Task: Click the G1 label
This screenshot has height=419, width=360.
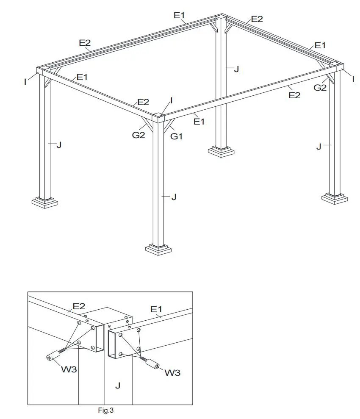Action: coord(176,136)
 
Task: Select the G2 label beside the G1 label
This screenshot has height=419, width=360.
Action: coord(138,135)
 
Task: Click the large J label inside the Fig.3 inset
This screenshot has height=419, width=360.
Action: coord(118,386)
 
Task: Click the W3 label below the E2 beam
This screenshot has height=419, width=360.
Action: coord(69,369)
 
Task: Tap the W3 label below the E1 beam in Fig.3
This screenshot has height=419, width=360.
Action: coord(172,373)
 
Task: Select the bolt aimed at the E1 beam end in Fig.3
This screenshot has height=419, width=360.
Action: coord(152,364)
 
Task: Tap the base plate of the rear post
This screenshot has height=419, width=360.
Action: coord(221,151)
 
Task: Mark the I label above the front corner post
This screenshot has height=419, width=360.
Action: coord(171,101)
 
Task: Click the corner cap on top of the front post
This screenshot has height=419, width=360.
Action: coord(158,116)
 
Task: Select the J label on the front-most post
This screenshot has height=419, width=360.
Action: coord(173,197)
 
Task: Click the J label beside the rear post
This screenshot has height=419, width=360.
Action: coord(236,69)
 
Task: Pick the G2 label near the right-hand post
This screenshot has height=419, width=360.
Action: coord(320,88)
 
